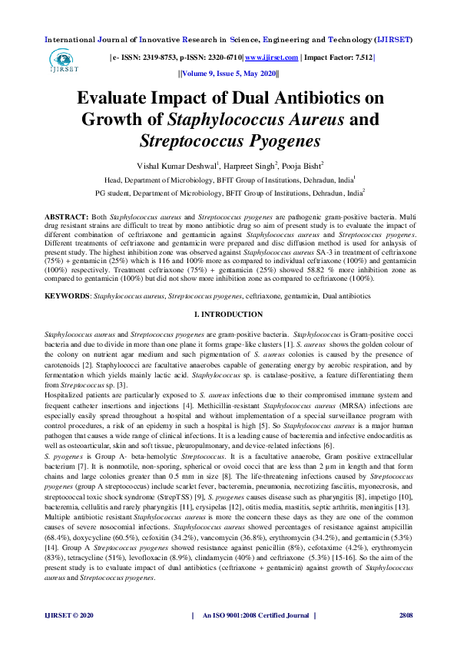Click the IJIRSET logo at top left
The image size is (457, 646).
[x=62, y=61]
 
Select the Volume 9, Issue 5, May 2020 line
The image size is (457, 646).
[x=228, y=74]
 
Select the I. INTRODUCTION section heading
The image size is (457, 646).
[x=228, y=315]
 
